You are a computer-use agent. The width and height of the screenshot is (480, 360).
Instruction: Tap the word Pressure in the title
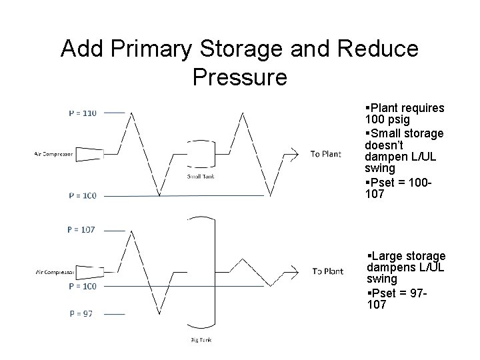point(239,77)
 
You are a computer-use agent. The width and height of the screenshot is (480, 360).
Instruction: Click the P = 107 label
point(81,230)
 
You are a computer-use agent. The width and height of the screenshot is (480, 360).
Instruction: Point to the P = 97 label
point(81,313)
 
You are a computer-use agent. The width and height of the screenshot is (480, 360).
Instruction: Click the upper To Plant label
point(325,155)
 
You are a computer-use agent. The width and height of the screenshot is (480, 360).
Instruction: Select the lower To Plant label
point(327,271)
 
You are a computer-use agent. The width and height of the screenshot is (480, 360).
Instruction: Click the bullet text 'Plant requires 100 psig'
point(405,113)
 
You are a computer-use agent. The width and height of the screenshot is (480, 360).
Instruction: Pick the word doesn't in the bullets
point(383,144)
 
